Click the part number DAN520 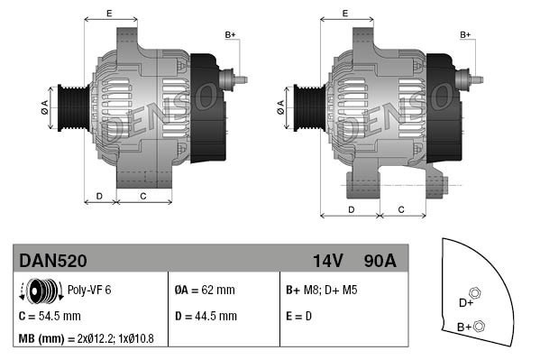click(x=53, y=261)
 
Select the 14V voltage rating click(x=328, y=261)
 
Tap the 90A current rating click(x=379, y=261)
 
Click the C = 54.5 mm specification click(x=50, y=316)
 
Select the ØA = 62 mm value click(x=205, y=291)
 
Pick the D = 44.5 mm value click(x=205, y=316)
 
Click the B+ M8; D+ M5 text click(x=322, y=291)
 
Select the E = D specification click(x=300, y=316)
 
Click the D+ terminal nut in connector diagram click(x=476, y=293)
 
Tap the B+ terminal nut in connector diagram click(x=480, y=326)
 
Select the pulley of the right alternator click(x=307, y=108)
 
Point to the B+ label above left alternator click(x=230, y=34)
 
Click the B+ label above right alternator click(x=466, y=34)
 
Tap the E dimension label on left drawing click(x=109, y=13)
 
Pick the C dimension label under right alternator click(x=401, y=209)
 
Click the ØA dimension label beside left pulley click(x=43, y=107)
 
